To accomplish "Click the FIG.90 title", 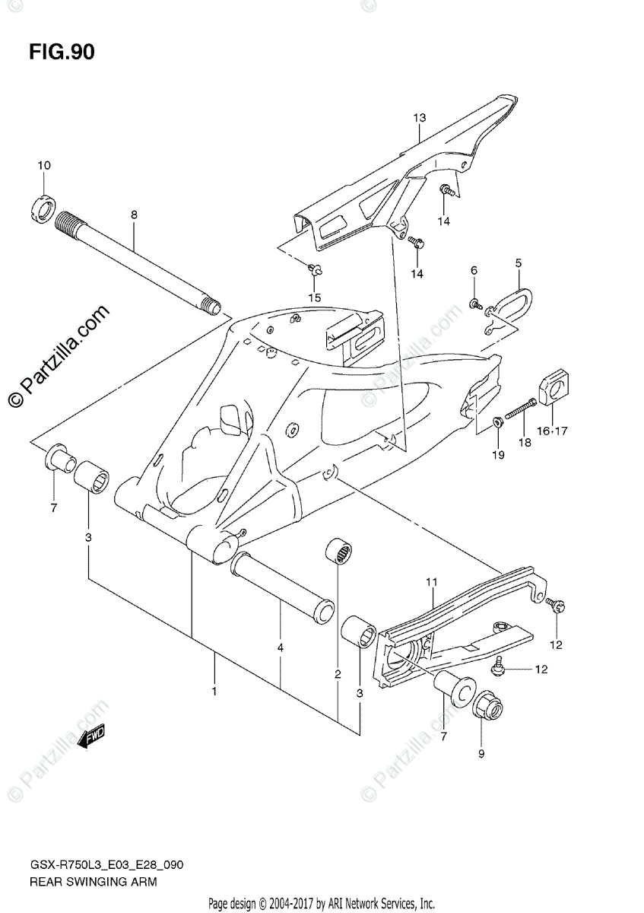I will point(62,52).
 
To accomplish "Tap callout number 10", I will point(43,166).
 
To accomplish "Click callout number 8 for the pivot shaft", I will point(134,215).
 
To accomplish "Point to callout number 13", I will point(420,118).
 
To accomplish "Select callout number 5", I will point(518,263).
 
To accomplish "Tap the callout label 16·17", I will point(552,431).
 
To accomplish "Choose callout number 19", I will point(498,456).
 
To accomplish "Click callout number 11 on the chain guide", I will point(431,583).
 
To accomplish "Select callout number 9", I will point(481,754).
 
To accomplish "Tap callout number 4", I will point(281,648).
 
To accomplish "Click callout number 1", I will point(214,692).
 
